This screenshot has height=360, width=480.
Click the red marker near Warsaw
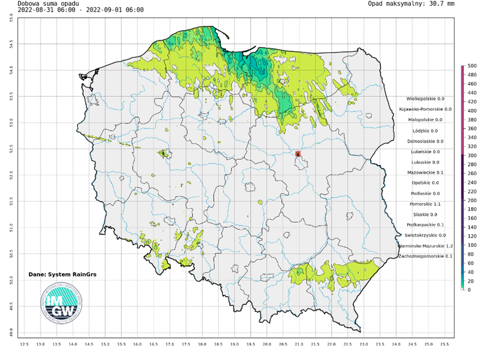[298, 154]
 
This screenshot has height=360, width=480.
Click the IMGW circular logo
[62, 303]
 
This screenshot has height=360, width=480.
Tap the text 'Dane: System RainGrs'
[62, 275]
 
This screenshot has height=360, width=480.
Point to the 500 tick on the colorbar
[470, 66]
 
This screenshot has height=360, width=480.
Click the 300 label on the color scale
[470, 155]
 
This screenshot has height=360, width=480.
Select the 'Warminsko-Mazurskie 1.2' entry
[425, 246]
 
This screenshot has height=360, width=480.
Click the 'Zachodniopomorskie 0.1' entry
[425, 257]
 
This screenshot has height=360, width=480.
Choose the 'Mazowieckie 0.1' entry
[425, 172]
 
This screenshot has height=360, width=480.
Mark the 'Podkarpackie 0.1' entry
[425, 225]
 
